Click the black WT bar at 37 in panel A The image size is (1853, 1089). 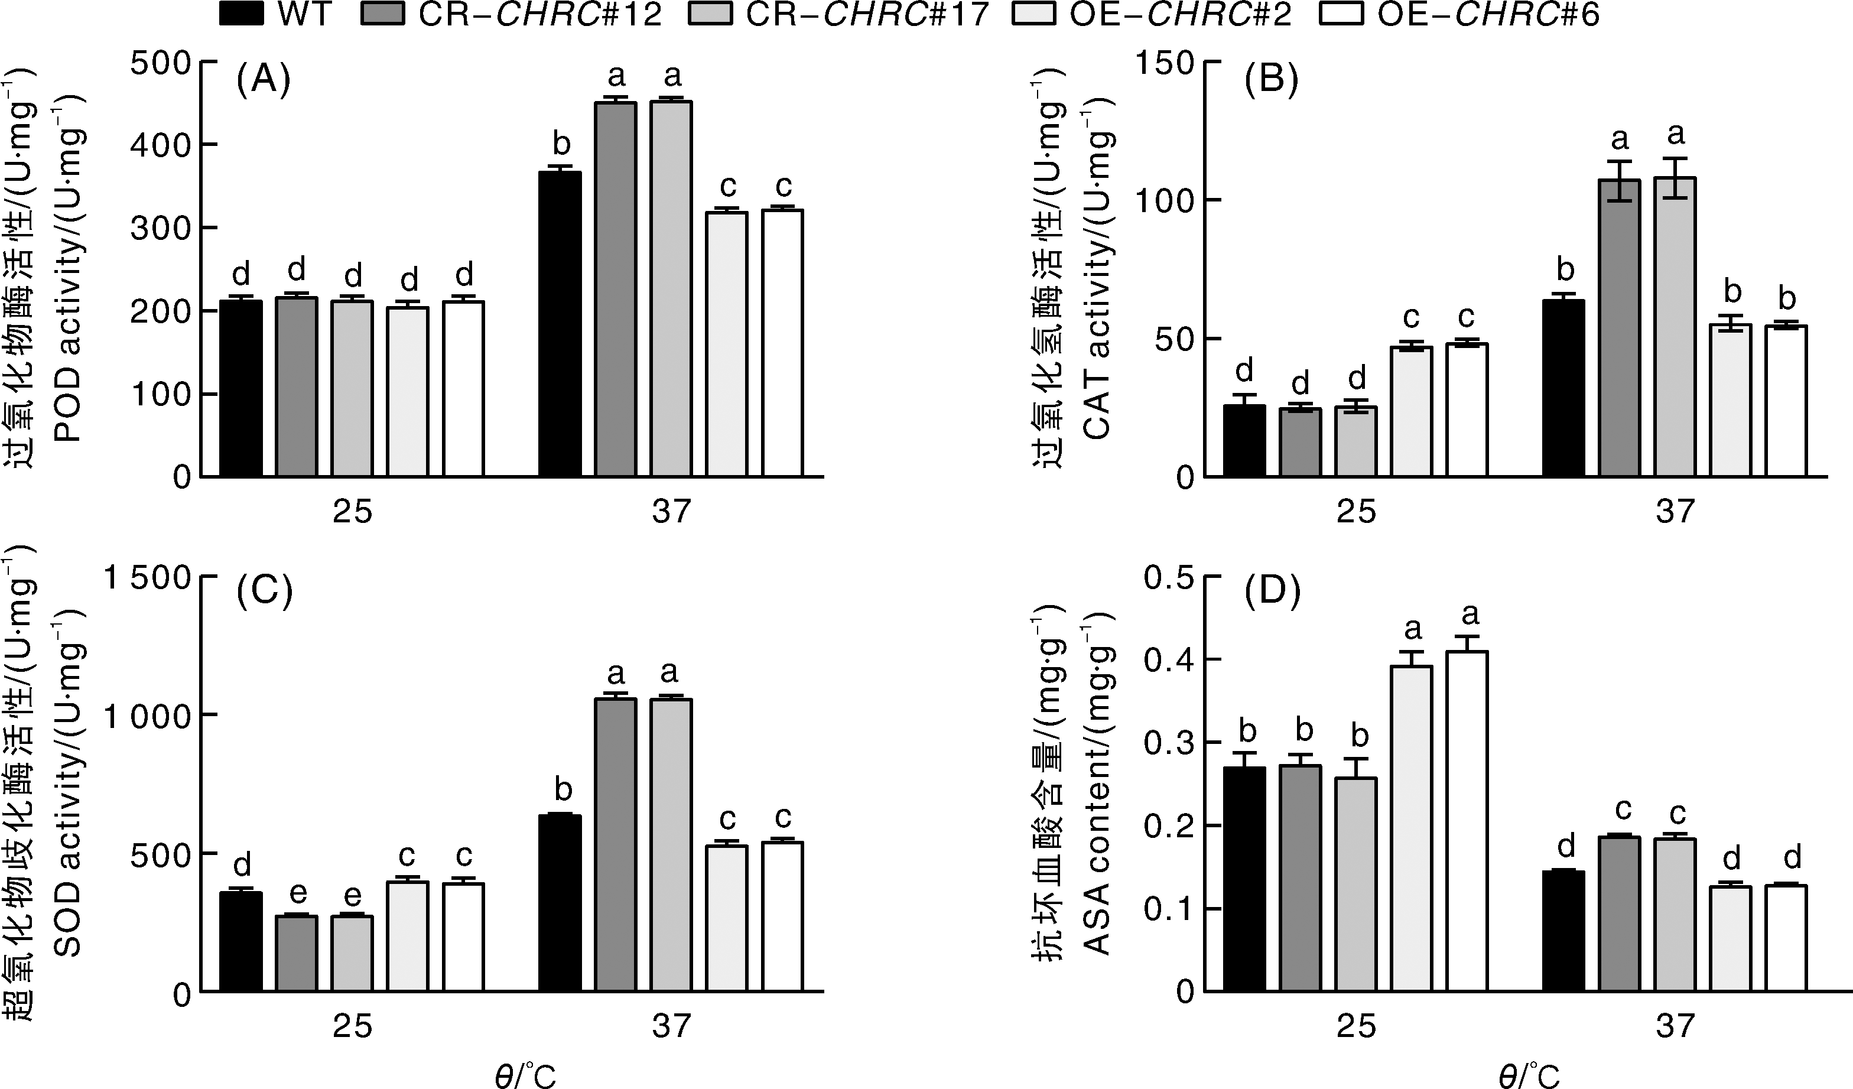[x=560, y=324]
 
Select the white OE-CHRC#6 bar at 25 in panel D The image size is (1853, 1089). [x=1467, y=821]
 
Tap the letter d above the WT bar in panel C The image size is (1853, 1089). [x=241, y=864]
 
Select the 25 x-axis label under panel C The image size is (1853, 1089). [x=353, y=1026]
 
